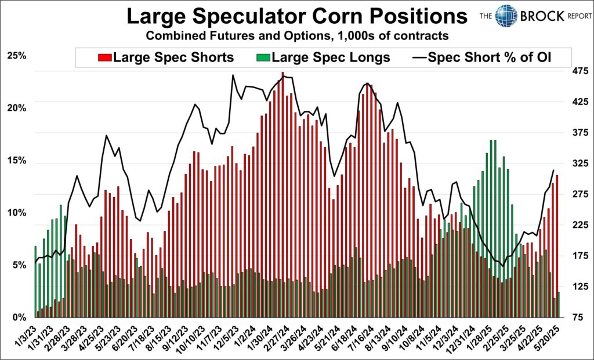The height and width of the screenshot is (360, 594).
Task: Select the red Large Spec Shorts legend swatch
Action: coord(105,58)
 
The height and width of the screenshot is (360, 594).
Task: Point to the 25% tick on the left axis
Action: coord(16,56)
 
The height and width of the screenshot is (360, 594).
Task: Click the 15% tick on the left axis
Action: coord(16,161)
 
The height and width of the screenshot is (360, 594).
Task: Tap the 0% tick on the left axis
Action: coord(19,318)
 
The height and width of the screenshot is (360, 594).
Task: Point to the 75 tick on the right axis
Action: coord(578,318)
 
